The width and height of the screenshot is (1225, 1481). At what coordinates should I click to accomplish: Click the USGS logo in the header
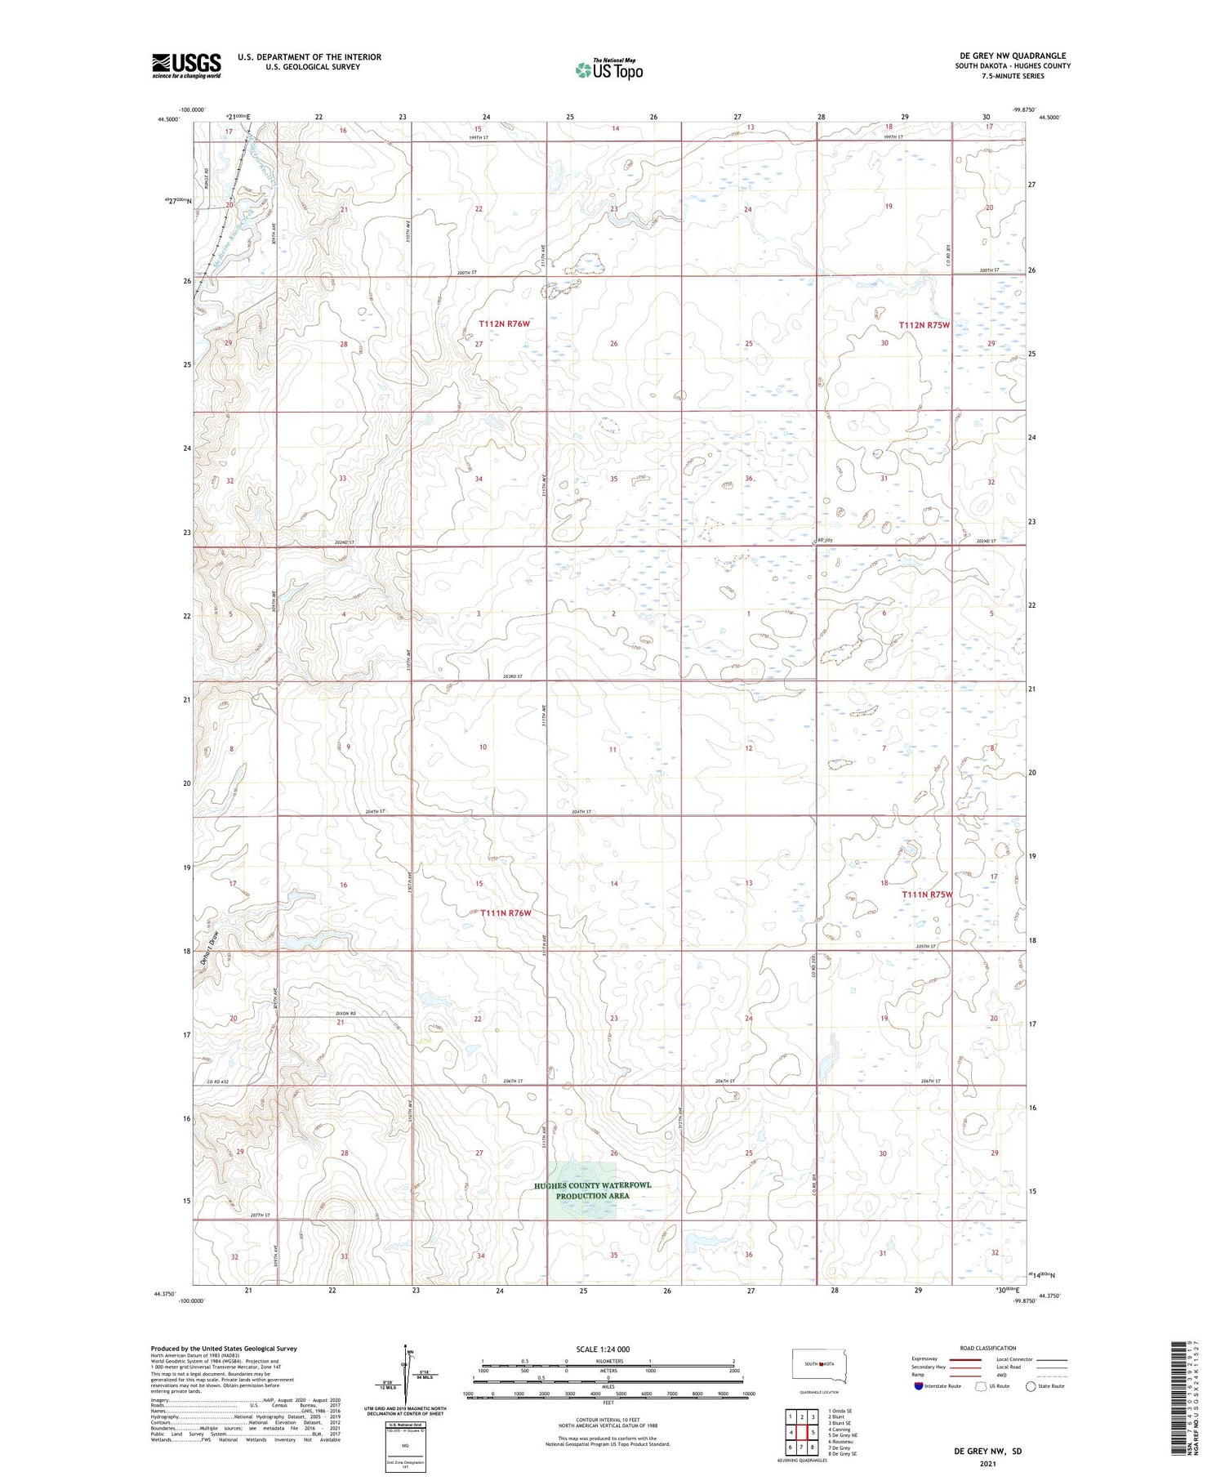[x=186, y=65]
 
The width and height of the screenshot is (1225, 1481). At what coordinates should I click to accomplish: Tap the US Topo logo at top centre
[x=609, y=70]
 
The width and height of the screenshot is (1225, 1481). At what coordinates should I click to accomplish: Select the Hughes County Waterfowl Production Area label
[x=593, y=1190]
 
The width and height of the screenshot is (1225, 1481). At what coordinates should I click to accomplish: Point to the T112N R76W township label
[x=505, y=323]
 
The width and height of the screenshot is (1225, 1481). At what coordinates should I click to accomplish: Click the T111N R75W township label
[x=927, y=894]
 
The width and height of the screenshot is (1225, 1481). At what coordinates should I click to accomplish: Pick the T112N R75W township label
[x=924, y=324]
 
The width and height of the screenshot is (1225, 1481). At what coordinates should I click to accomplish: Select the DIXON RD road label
[x=346, y=1014]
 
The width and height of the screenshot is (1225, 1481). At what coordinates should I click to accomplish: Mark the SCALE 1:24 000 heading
[x=603, y=1349]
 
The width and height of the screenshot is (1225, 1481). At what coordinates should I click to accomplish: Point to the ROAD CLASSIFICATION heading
[x=988, y=1348]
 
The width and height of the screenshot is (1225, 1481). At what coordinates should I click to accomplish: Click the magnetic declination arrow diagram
[x=403, y=1372]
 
